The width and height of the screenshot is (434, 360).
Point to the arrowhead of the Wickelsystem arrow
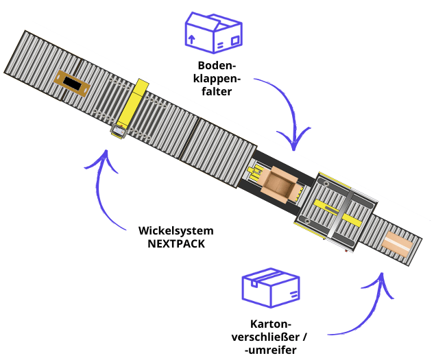pos(104,159)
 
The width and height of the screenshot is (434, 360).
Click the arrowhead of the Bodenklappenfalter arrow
pos(296,145)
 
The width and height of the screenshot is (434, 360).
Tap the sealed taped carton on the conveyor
pos(397,243)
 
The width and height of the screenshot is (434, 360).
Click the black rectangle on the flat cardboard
pos(71,84)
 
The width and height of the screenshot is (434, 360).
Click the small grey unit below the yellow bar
pos(118,130)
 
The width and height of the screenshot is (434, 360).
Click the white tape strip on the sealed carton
pos(397,243)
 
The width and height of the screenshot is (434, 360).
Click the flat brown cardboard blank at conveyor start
pos(70,84)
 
